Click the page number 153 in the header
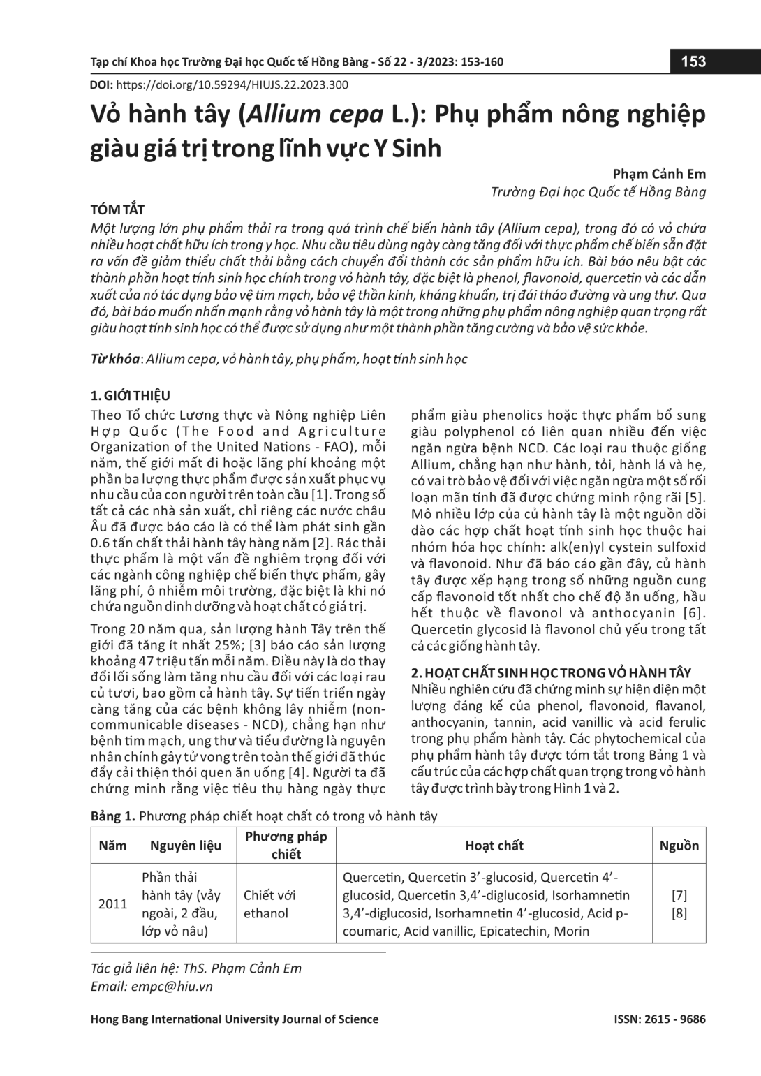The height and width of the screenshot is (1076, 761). click(693, 61)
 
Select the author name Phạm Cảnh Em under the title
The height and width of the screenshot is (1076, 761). click(659, 174)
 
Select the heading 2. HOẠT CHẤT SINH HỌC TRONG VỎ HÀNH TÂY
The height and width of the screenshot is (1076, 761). click(551, 672)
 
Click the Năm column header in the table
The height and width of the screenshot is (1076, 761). click(112, 846)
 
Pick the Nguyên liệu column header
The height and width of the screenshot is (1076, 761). click(186, 846)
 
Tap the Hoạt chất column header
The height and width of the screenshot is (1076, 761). click(494, 846)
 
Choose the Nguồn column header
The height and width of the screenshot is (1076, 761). click(679, 846)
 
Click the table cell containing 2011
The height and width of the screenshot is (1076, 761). click(112, 904)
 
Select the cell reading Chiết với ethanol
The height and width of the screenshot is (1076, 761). click(269, 904)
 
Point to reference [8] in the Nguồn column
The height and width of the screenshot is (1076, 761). click(679, 913)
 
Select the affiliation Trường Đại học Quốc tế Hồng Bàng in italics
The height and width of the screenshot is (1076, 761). click(598, 192)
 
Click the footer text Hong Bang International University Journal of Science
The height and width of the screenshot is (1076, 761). click(235, 1019)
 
